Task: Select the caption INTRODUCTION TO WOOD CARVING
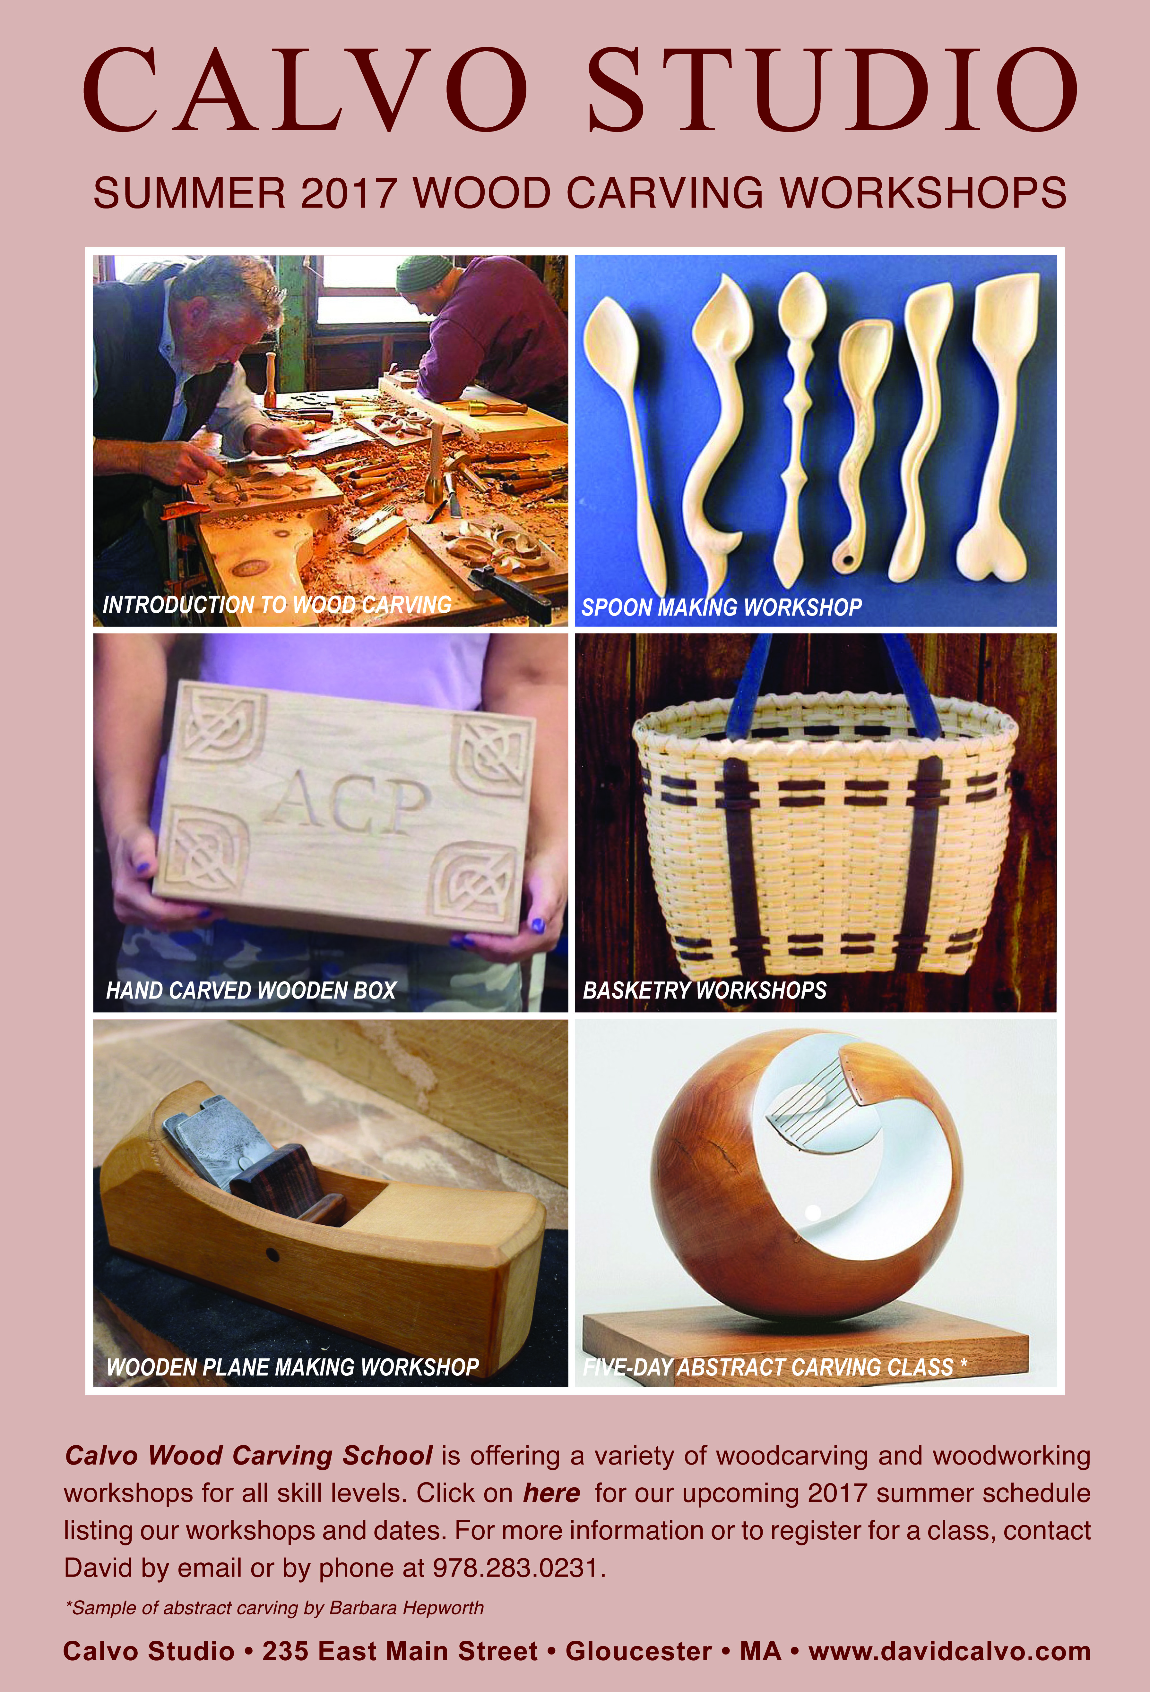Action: (277, 604)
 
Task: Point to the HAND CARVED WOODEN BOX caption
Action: (251, 990)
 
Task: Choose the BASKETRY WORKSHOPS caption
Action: (704, 990)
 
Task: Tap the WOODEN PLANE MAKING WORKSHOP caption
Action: (293, 1367)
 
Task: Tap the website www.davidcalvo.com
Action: (949, 1651)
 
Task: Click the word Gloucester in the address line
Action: (639, 1651)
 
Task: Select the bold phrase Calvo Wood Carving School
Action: (248, 1455)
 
